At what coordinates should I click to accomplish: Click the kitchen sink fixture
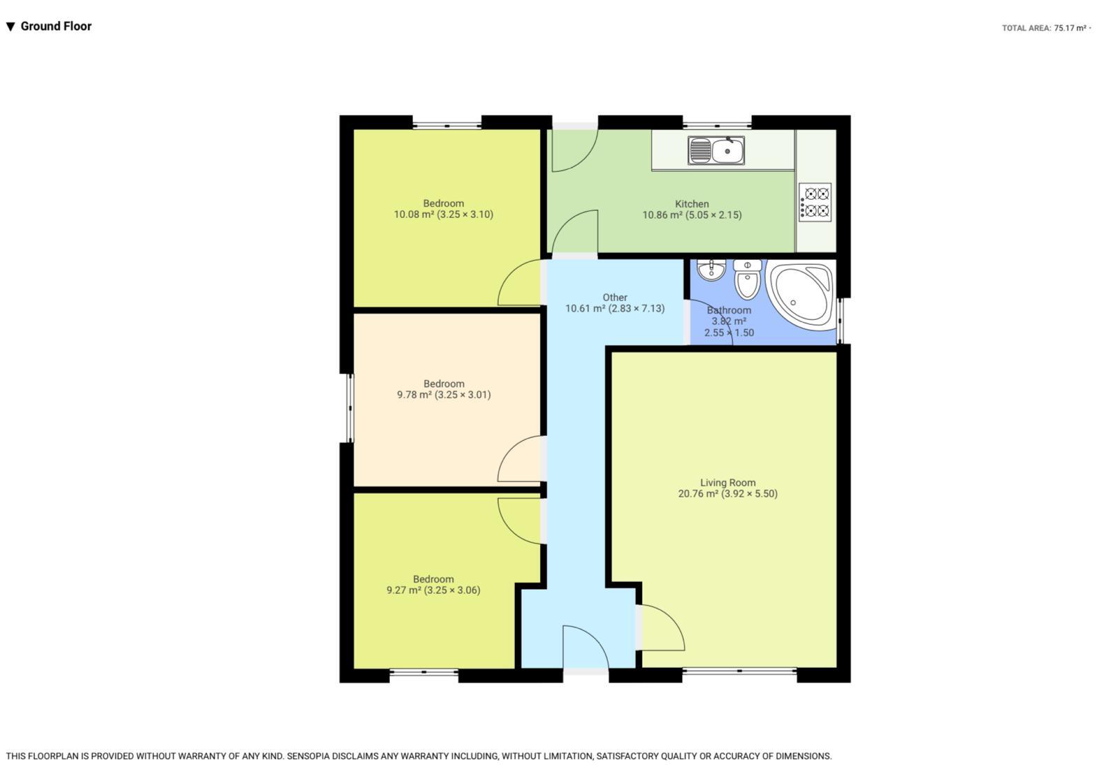(x=716, y=150)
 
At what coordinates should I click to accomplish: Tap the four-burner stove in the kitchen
(x=815, y=202)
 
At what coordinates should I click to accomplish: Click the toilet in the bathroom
(x=747, y=279)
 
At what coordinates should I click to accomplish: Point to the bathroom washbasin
(x=711, y=270)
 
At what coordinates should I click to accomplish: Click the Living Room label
(x=727, y=483)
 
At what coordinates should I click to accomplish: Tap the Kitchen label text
(x=692, y=203)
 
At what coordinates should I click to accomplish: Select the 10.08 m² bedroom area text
(x=443, y=214)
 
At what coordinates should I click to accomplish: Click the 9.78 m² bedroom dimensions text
(x=444, y=395)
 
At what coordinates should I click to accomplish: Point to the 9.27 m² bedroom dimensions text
(x=433, y=590)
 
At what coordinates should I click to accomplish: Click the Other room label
(x=615, y=298)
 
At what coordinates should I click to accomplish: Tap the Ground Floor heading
(x=56, y=27)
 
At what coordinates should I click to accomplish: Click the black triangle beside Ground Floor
(x=10, y=27)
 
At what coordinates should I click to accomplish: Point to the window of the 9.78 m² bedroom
(x=350, y=408)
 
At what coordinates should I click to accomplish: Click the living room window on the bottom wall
(x=739, y=672)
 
